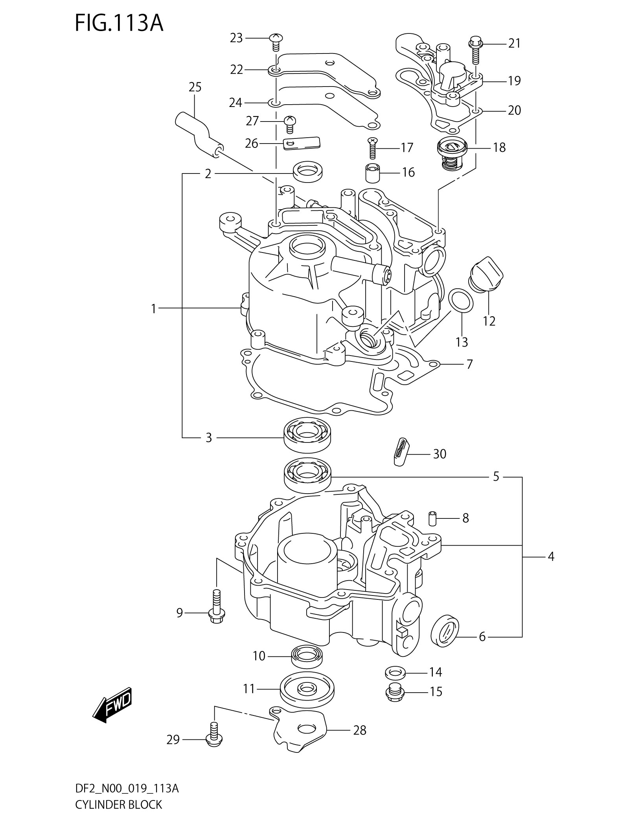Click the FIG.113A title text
119,24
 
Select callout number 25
195,87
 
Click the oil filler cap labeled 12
486,274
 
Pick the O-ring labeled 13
461,301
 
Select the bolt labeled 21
475,50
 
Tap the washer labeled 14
395,672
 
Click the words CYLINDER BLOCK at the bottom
118,814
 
